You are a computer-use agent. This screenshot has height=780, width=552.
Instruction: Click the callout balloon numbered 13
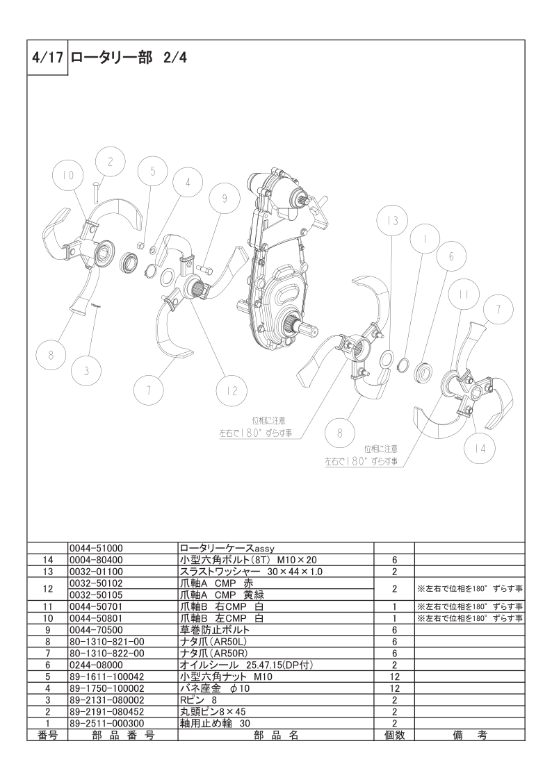click(x=393, y=221)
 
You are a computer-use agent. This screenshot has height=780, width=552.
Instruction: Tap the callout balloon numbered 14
click(x=479, y=448)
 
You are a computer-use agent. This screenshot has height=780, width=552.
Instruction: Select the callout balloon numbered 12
click(x=232, y=391)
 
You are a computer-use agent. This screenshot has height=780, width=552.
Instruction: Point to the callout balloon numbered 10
click(x=68, y=175)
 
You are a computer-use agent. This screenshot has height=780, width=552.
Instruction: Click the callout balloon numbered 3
click(x=86, y=372)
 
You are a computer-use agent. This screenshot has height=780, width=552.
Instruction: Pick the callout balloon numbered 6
click(x=451, y=257)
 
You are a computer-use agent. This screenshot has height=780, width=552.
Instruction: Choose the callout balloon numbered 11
click(x=464, y=294)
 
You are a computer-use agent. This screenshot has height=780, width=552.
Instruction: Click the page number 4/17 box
click(x=47, y=58)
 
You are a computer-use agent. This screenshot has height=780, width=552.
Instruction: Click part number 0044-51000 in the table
click(x=96, y=548)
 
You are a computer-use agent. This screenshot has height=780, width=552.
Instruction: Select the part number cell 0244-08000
click(x=96, y=665)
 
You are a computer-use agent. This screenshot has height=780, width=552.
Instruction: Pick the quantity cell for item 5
click(x=394, y=677)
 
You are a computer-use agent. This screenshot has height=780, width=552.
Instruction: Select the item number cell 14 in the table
click(x=48, y=560)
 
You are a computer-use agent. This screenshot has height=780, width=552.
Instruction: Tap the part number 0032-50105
click(x=96, y=595)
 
